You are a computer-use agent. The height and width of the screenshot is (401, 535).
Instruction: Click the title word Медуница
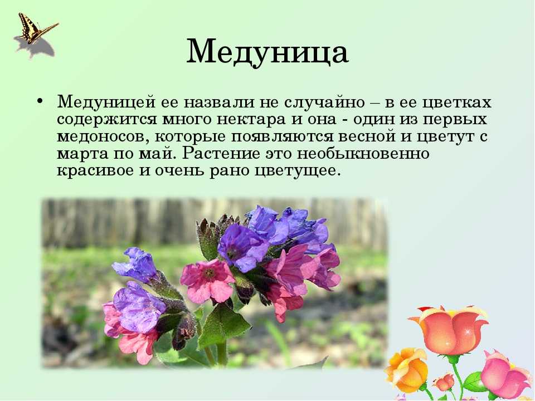(267, 52)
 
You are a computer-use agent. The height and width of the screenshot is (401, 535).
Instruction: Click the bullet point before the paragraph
(40, 102)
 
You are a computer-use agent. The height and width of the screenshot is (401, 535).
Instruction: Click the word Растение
(221, 154)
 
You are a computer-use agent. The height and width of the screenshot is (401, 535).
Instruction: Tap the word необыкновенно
(363, 154)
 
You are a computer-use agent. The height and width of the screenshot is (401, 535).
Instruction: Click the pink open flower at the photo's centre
(208, 280)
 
